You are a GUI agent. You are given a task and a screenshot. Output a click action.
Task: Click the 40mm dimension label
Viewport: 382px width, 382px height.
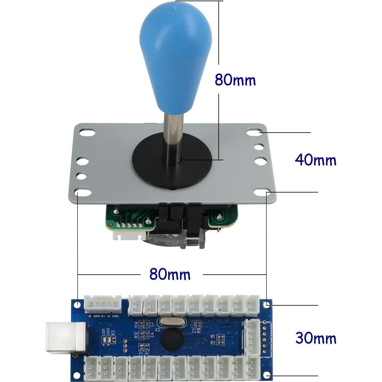point(316,160)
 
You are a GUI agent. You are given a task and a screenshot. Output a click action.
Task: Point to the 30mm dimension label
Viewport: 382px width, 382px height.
point(316,338)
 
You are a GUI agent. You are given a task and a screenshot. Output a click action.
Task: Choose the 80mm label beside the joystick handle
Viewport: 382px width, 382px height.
point(235,80)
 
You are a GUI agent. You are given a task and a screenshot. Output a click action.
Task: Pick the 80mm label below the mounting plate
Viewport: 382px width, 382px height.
point(170,275)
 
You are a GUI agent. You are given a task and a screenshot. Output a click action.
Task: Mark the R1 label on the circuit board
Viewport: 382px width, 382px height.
point(213,336)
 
